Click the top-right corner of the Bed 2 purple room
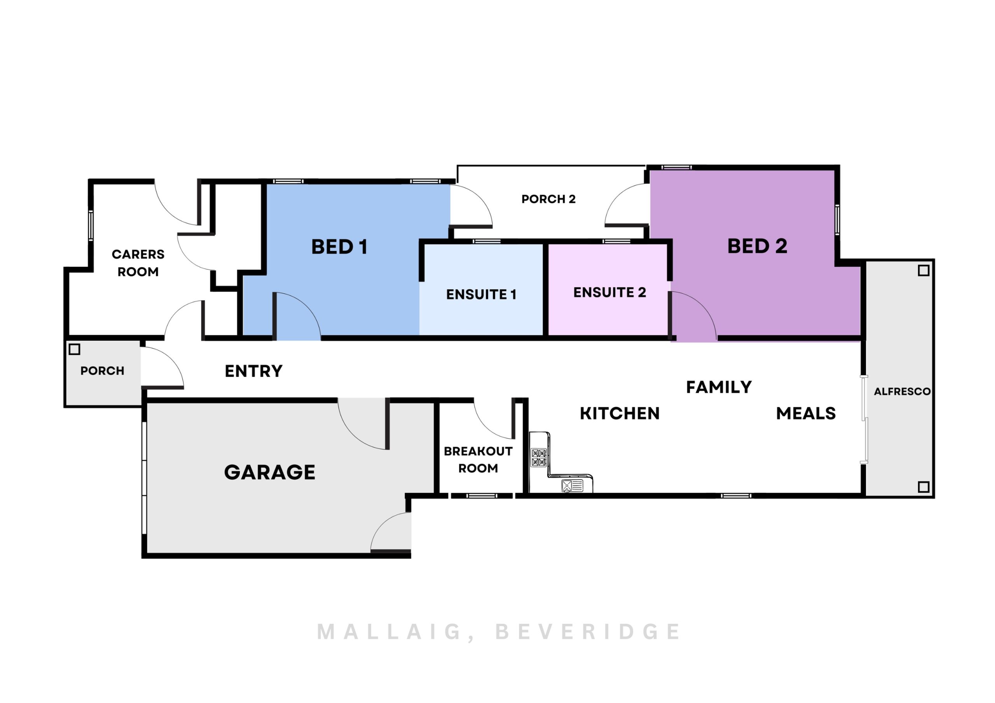834,171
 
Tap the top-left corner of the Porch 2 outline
457,165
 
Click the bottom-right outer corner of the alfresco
934,498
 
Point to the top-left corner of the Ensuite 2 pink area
549,245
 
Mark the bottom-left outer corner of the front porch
64,407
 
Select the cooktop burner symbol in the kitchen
539,458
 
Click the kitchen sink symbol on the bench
572,485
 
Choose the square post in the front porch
75,349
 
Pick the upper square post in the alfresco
923,271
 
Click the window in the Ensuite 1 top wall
486,241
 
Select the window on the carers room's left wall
91,225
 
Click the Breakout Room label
478,459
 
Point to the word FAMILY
719,387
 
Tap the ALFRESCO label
902,392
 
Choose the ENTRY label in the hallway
253,371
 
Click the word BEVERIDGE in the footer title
588,632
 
